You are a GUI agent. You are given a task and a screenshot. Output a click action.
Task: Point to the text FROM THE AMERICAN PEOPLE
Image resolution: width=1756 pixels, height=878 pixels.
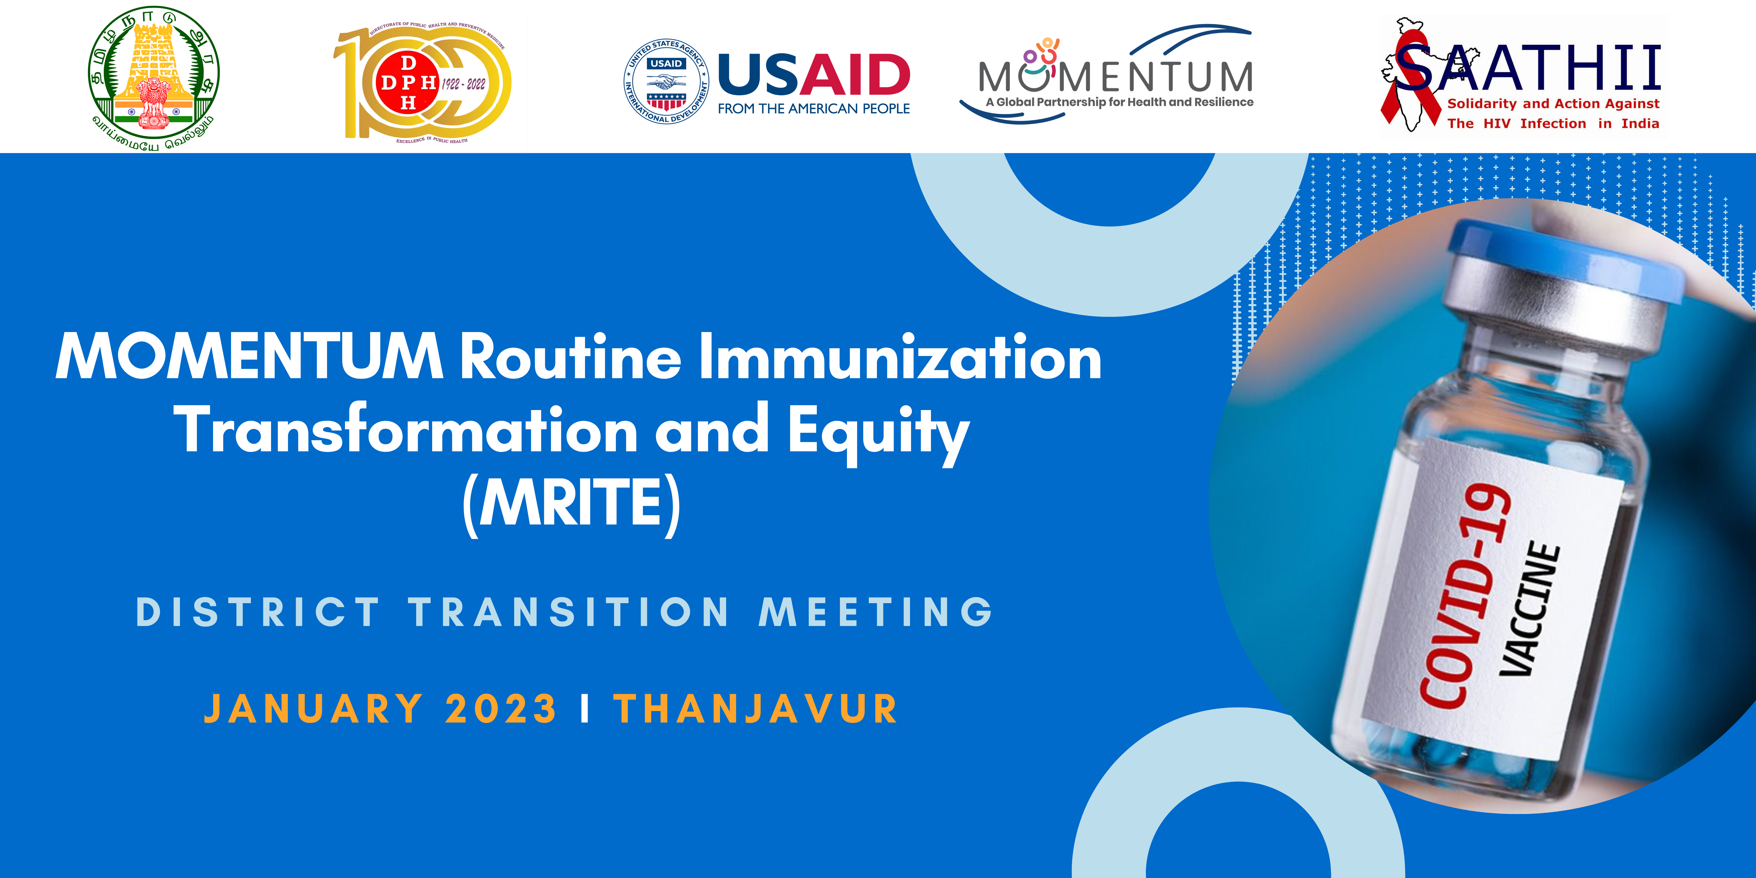coord(814,108)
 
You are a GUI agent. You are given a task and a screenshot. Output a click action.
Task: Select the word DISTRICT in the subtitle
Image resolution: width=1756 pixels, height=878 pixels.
coord(258,612)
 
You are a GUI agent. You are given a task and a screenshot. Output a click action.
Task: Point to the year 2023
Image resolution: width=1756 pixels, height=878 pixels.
coord(501,709)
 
